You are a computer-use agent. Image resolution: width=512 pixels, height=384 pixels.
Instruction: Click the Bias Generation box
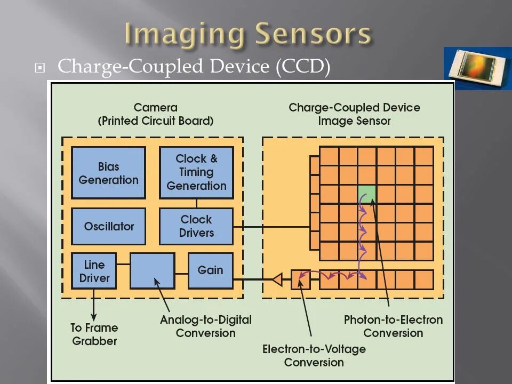[108, 173]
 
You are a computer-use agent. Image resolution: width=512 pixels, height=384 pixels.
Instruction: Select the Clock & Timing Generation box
[196, 172]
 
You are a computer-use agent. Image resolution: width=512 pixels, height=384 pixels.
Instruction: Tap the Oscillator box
[108, 226]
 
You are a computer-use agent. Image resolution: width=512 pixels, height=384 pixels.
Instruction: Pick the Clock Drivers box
[196, 226]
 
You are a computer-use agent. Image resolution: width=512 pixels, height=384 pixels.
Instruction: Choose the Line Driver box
[94, 271]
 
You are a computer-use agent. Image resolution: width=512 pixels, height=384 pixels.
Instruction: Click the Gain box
[210, 270]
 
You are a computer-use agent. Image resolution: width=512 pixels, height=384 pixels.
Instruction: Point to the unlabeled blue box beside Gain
[152, 271]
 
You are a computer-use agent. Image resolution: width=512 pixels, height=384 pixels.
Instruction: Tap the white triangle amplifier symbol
[277, 279]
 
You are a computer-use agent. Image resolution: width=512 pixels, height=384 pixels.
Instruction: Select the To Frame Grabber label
[94, 334]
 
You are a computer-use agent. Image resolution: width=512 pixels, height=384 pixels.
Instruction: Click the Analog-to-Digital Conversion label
[205, 326]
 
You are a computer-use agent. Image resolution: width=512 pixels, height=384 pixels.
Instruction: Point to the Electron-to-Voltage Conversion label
[314, 356]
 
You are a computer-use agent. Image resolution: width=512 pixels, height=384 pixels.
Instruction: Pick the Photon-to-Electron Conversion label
[393, 326]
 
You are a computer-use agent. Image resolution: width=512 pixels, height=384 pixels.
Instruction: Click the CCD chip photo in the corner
[476, 68]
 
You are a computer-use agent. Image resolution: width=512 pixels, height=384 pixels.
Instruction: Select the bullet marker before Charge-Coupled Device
[39, 68]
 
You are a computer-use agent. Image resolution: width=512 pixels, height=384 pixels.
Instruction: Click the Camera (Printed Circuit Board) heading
[155, 115]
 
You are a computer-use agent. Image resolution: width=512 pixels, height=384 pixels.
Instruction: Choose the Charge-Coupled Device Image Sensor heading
[354, 115]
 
